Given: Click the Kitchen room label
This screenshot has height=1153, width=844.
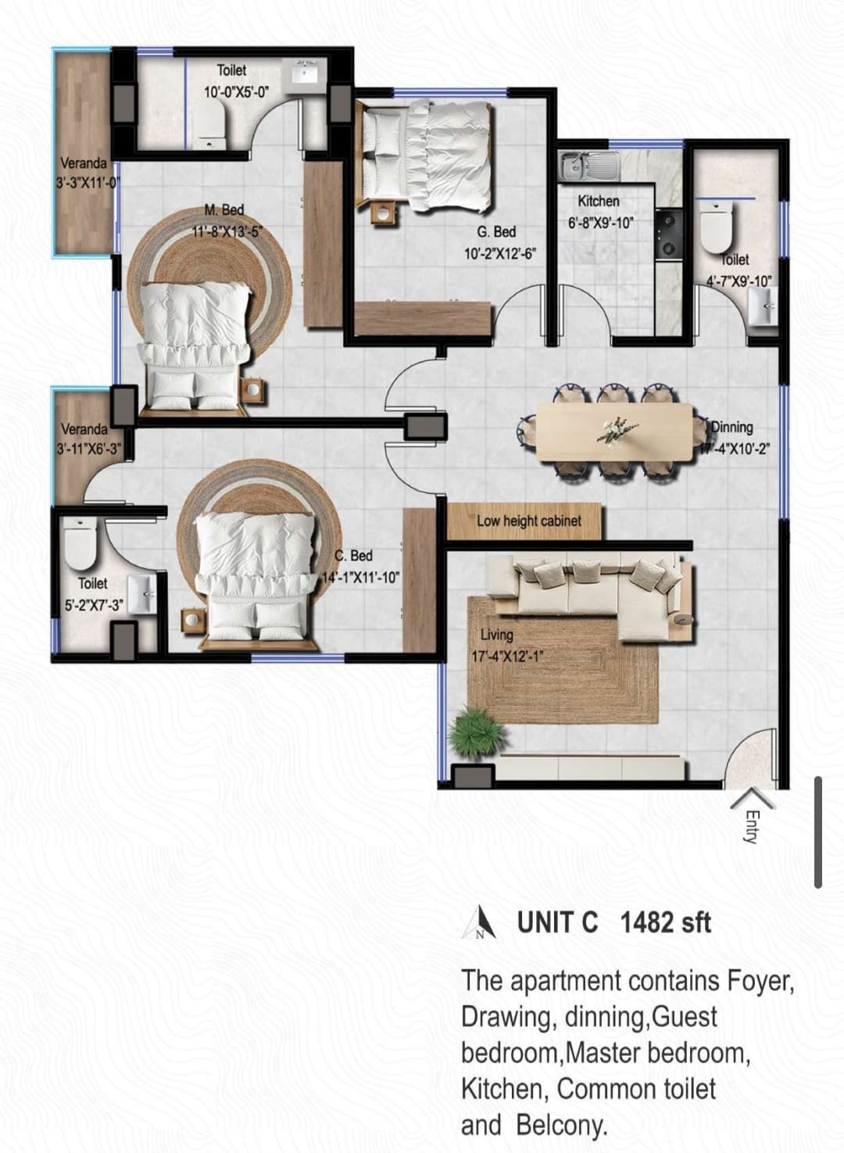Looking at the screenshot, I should (x=598, y=202).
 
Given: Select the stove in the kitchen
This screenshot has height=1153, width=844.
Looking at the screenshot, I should (x=669, y=233).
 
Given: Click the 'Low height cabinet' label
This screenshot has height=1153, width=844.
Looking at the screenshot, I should (x=528, y=521).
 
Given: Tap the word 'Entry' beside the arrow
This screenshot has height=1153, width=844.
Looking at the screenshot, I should (x=751, y=826).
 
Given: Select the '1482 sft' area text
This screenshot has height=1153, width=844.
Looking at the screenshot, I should (x=665, y=922).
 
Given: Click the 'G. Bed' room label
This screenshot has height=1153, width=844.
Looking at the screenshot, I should (x=496, y=232).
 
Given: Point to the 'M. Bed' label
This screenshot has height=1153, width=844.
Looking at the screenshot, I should (x=224, y=209).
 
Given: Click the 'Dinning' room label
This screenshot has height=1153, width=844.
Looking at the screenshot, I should (x=732, y=428).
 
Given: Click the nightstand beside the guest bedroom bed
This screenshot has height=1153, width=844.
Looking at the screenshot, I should (x=382, y=213).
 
